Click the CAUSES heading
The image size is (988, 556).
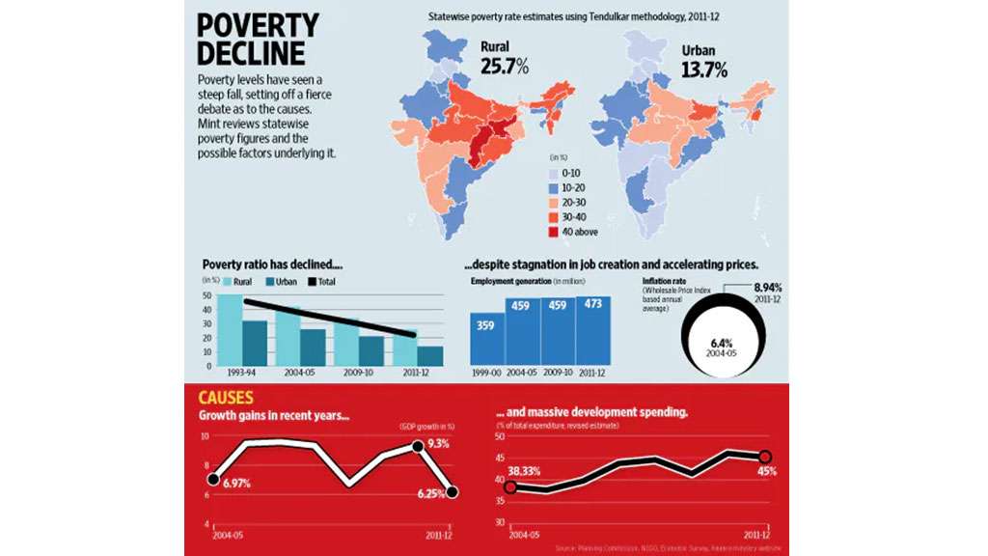(x=227, y=398)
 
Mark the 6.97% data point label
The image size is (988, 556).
(x=234, y=483)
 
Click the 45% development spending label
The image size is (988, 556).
(x=767, y=471)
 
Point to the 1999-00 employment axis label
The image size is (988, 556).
(x=486, y=373)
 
